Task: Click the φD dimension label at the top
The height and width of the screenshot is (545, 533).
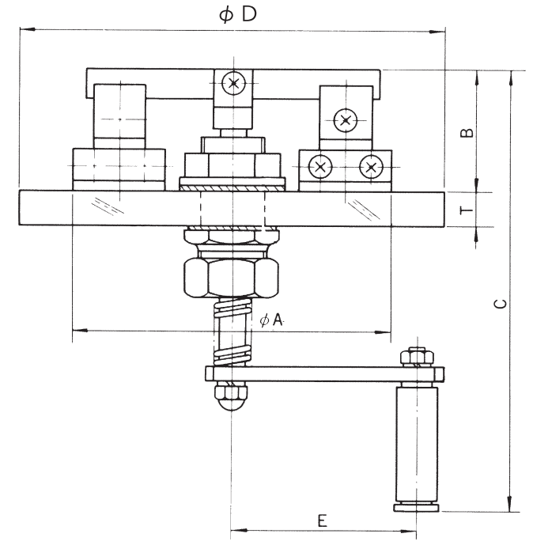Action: click(x=238, y=14)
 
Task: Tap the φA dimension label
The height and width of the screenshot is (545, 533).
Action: click(x=272, y=319)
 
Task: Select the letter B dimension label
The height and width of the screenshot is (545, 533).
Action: click(x=467, y=133)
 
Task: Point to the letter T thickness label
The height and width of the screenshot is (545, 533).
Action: click(x=467, y=210)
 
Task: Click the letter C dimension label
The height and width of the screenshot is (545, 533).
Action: click(x=501, y=304)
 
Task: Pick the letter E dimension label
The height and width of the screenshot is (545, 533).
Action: click(x=323, y=520)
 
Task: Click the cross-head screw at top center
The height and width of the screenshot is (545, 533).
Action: click(x=233, y=83)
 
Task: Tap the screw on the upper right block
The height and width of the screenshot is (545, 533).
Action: click(x=345, y=120)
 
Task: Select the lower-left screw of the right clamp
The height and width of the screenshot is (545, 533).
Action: click(x=320, y=167)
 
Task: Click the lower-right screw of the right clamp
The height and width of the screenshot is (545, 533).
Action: click(x=371, y=167)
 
